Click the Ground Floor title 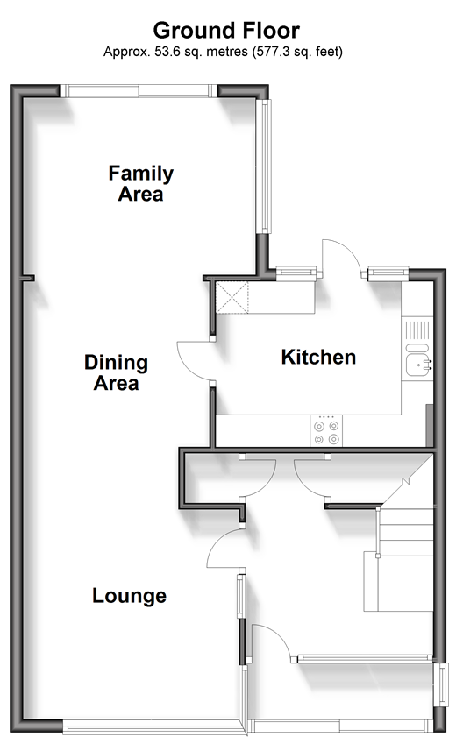[x=226, y=31]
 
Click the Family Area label [x=141, y=183]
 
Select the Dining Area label [x=117, y=372]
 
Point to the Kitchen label [x=318, y=357]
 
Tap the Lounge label [x=129, y=596]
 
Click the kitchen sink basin [x=418, y=365]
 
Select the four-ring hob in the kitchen [x=326, y=430]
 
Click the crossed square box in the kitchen [x=232, y=297]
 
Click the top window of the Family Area [x=139, y=90]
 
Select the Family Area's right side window [x=264, y=167]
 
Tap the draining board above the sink [x=418, y=329]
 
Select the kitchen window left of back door [x=296, y=273]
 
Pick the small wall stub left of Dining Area [x=26, y=278]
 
